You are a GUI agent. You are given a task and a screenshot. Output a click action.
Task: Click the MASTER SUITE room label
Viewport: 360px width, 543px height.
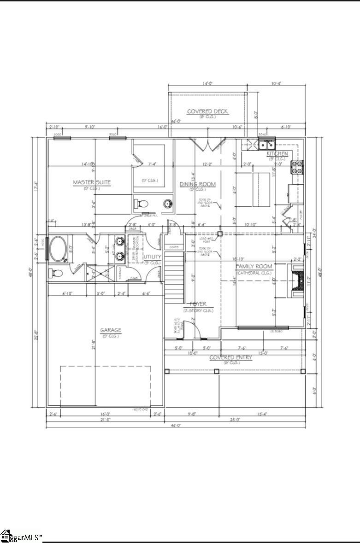92,182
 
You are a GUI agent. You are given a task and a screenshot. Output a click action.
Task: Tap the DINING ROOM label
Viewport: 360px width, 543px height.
197,184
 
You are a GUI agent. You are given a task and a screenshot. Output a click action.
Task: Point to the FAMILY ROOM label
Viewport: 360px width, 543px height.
254,267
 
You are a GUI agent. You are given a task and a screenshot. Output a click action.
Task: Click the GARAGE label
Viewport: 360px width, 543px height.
111,330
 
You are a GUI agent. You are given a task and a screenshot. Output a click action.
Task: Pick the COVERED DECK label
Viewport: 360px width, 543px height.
207,111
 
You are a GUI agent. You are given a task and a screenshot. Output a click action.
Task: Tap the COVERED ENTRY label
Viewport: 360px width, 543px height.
231,357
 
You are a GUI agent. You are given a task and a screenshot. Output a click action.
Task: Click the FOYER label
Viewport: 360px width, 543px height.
195,304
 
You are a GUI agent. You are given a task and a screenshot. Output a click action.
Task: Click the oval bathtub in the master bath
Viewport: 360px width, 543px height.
59,249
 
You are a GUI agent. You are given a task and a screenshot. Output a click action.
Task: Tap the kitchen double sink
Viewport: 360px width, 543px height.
266,145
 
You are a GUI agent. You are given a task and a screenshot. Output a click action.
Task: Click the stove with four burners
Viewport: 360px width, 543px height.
297,167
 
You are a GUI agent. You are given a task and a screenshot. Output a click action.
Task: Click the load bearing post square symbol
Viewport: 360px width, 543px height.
220,234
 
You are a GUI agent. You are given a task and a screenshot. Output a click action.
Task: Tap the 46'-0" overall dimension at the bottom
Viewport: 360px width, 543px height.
176,426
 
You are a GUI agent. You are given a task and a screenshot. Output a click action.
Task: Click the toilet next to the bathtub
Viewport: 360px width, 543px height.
56,273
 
